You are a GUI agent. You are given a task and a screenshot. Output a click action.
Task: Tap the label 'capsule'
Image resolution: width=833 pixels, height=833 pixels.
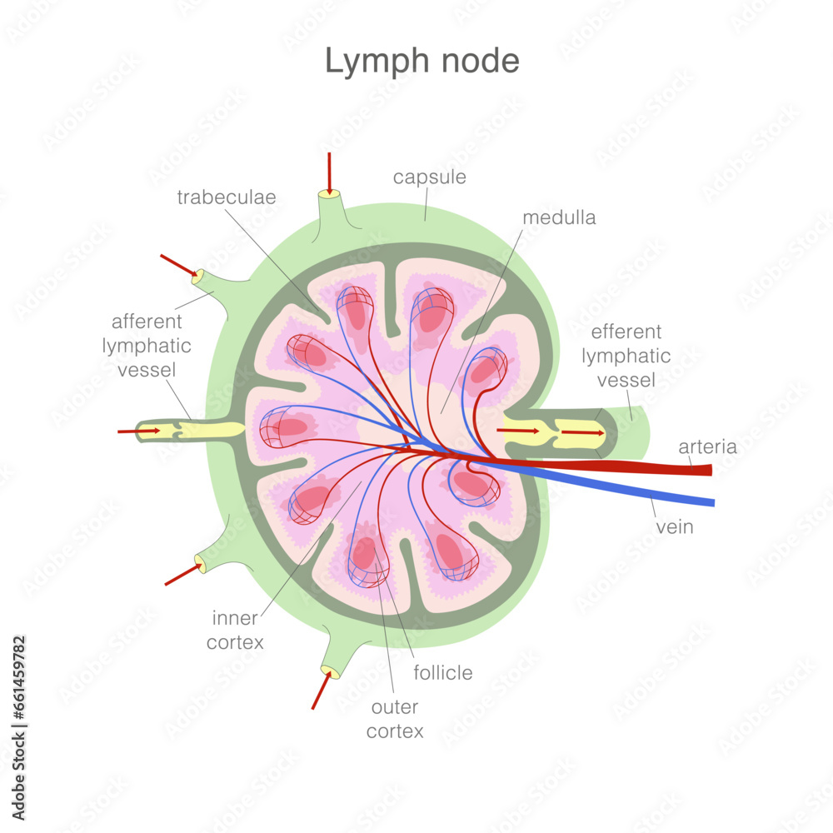(x=429, y=177)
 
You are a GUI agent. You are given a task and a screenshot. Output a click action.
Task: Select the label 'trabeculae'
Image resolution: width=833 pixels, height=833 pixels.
(x=226, y=197)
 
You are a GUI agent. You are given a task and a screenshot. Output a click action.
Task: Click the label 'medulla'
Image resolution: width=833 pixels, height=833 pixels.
(x=559, y=217)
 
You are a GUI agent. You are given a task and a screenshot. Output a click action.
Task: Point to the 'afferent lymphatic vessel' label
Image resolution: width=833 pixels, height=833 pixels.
(x=146, y=345)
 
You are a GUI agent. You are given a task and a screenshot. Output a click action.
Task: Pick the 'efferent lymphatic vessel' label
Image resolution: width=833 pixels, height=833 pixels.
(x=626, y=356)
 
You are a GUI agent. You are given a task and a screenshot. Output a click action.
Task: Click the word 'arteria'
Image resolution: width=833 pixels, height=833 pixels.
(x=707, y=446)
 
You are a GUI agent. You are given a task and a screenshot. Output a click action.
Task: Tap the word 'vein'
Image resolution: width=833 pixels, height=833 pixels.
(x=675, y=526)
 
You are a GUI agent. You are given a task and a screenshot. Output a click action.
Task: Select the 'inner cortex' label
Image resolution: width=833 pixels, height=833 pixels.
(x=236, y=630)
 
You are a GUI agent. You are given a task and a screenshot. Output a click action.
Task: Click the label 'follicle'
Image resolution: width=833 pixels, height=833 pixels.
(x=442, y=672)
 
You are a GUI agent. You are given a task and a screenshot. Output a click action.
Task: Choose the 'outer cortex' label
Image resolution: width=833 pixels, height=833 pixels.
(x=395, y=719)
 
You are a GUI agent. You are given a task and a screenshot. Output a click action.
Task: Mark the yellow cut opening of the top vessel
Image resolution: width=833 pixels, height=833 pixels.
(x=329, y=194)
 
